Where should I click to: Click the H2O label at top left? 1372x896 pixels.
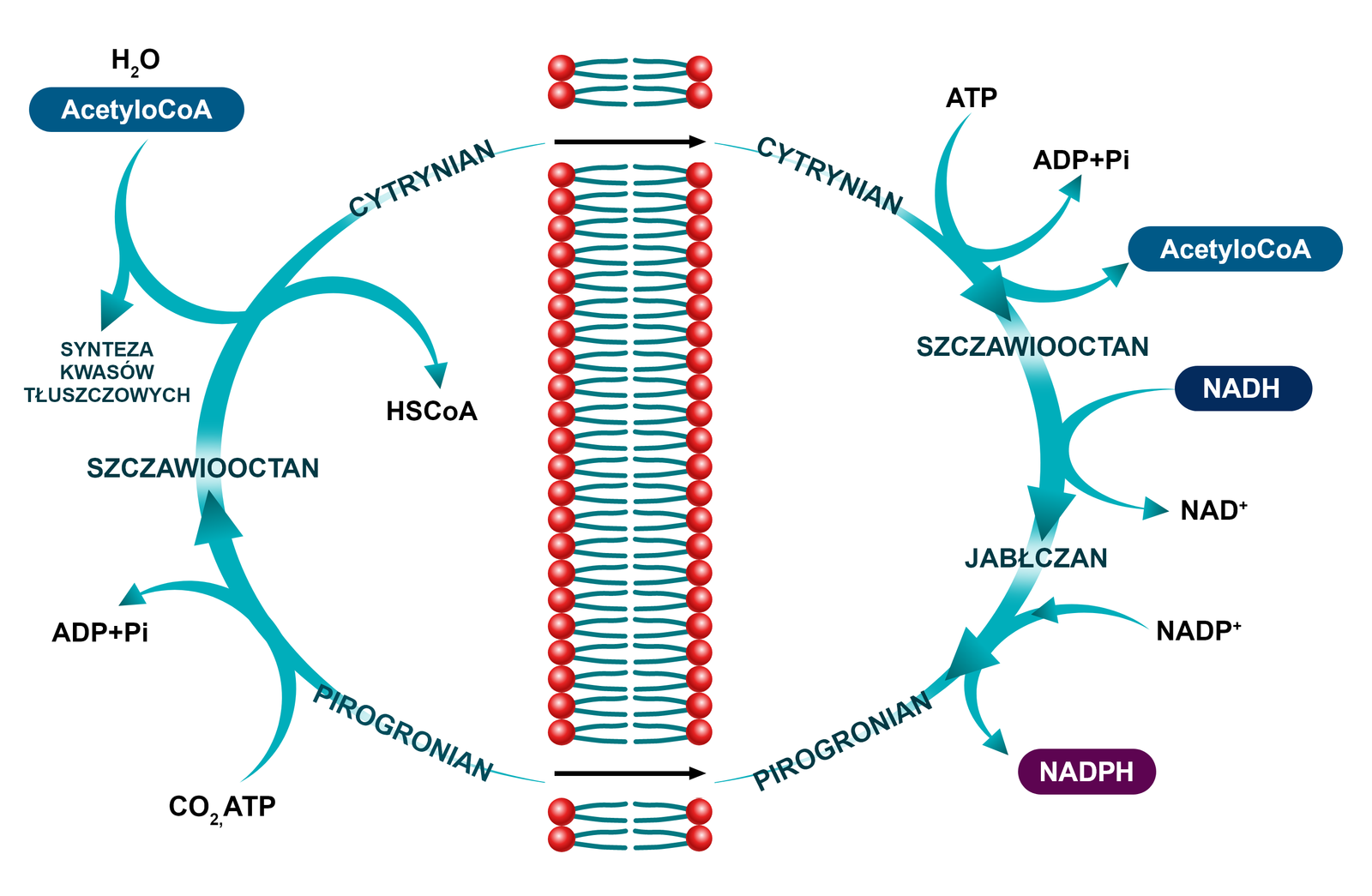[x=135, y=61]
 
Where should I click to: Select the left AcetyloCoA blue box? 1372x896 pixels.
[x=136, y=110]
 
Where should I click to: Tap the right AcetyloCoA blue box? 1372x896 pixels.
[x=1235, y=250]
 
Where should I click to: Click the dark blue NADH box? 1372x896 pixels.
[x=1243, y=388]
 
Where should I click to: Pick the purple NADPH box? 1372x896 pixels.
[x=1086, y=772]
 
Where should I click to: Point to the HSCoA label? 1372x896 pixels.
[x=431, y=412]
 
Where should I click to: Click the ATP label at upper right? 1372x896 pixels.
[x=972, y=99]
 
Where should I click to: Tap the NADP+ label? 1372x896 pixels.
[x=1198, y=631]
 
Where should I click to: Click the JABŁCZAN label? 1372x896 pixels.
[x=1036, y=558]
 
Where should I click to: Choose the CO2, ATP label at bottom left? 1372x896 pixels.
[x=222, y=808]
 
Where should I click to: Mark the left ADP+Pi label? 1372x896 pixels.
[x=100, y=633]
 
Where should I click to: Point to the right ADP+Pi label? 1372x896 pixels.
[x=1080, y=160]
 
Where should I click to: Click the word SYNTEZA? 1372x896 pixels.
[x=107, y=350]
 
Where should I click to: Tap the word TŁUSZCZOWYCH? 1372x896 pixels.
[x=107, y=395]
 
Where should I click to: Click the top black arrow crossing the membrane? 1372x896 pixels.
[x=630, y=141]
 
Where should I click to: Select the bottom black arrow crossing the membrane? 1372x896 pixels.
[x=630, y=773]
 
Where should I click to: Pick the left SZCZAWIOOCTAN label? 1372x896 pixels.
[x=203, y=468]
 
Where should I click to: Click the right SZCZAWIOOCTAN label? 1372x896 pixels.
[x=1032, y=347]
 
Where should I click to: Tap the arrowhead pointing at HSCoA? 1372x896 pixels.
[x=437, y=375]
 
